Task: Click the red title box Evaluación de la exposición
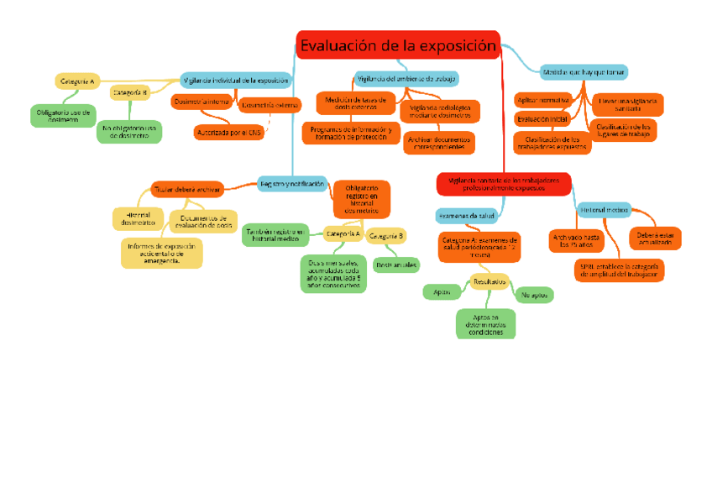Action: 398,45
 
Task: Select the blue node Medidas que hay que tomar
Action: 584,72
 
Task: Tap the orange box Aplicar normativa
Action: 542,99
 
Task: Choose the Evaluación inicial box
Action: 542,119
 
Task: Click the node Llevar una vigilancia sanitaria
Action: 626,104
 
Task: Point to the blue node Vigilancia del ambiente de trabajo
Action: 407,79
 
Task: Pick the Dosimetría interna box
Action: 202,102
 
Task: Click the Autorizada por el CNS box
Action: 228,132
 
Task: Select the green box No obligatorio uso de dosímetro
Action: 129,131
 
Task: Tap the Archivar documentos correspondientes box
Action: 438,143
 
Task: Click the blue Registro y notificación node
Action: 291,183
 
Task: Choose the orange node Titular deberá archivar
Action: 186,189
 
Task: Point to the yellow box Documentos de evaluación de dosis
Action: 202,221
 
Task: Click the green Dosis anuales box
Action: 396,265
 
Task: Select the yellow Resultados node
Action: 489,281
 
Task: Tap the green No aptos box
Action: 534,295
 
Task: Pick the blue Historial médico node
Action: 603,209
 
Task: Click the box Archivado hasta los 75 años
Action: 576,241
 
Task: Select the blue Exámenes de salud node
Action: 465,216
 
